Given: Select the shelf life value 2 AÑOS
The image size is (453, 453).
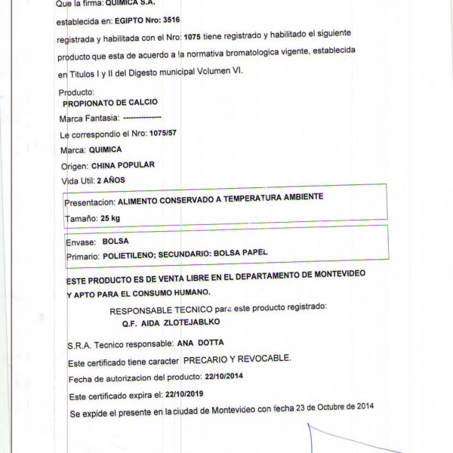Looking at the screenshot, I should [109, 180].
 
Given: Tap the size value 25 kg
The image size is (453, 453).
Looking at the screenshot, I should [110, 218].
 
